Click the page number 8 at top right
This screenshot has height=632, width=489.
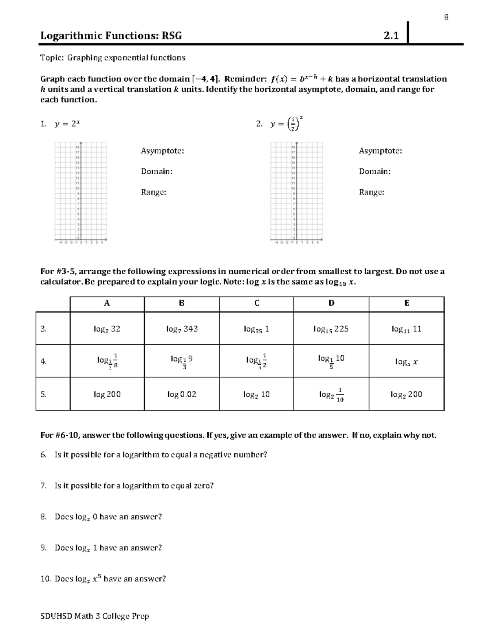446,17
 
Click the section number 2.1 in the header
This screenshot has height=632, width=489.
391,36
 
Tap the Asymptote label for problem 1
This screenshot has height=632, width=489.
162,151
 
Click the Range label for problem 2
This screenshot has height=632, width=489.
371,192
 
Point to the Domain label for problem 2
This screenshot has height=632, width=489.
374,171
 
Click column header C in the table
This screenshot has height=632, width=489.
257,303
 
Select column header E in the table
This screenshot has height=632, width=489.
407,303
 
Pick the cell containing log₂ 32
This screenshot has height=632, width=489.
107,329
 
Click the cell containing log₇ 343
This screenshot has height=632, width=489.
182,329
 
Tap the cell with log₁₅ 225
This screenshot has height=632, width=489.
331,329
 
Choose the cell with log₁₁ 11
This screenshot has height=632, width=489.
406,329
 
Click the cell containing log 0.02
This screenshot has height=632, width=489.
182,394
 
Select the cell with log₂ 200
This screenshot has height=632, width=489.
406,394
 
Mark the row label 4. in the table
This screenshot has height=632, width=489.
44,361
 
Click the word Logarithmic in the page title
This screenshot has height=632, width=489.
71,36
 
